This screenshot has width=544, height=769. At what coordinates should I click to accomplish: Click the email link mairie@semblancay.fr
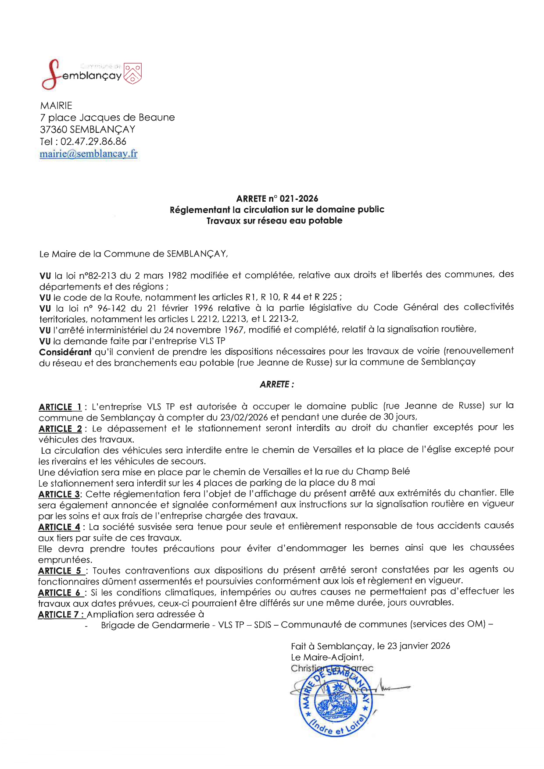(x=88, y=154)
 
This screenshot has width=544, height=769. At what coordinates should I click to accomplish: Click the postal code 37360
(x=54, y=130)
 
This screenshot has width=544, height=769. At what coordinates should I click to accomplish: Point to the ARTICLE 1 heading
(x=60, y=407)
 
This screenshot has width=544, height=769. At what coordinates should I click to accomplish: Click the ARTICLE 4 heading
(x=59, y=527)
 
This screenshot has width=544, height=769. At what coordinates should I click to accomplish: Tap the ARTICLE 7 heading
(x=61, y=614)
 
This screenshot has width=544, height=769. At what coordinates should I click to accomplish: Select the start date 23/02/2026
(x=244, y=417)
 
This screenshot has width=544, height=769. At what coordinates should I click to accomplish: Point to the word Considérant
(x=65, y=352)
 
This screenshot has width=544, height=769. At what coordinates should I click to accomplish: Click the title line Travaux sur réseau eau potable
(x=274, y=221)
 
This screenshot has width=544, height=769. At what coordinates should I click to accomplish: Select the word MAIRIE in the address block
(x=56, y=106)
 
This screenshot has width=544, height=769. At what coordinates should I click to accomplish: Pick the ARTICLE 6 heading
(x=61, y=593)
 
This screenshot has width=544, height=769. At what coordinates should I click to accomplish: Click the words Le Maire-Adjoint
(x=327, y=657)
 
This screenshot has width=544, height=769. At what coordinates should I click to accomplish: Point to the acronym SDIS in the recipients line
(x=262, y=625)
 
